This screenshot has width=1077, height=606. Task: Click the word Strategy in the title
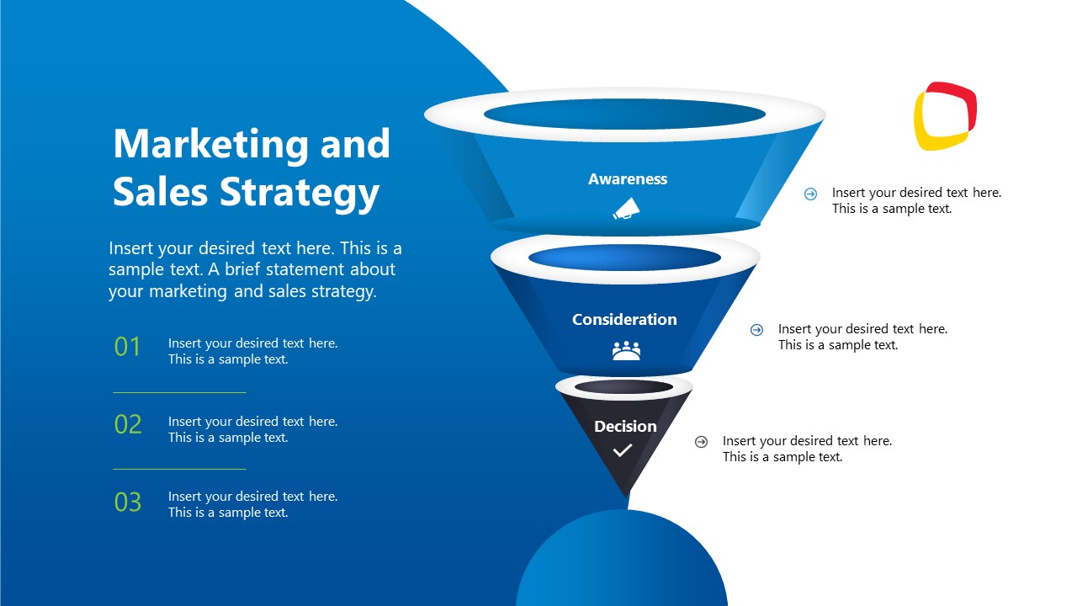tap(300, 193)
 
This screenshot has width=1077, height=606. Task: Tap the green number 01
tap(128, 347)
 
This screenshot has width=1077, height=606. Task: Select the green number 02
tap(128, 424)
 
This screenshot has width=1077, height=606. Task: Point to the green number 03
tap(128, 502)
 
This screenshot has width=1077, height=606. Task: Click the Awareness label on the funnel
tap(628, 179)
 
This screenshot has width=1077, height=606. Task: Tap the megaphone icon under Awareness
tap(626, 209)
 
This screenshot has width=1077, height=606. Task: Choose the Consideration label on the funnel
tap(624, 320)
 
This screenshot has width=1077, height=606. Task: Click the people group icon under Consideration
tap(626, 350)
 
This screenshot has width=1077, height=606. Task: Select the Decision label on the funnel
tap(625, 427)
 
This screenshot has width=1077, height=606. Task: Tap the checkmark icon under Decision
tap(623, 451)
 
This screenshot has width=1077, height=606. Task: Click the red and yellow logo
tap(945, 116)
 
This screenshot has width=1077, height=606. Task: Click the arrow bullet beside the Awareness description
tap(810, 194)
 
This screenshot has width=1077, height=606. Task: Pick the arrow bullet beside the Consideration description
tap(756, 330)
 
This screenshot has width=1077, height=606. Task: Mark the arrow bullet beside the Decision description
tap(701, 442)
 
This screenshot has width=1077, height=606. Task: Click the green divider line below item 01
tap(179, 392)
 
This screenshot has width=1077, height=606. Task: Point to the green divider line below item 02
tap(179, 469)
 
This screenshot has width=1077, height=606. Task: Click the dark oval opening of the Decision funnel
tap(623, 387)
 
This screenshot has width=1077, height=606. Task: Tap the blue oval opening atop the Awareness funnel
tap(624, 114)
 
